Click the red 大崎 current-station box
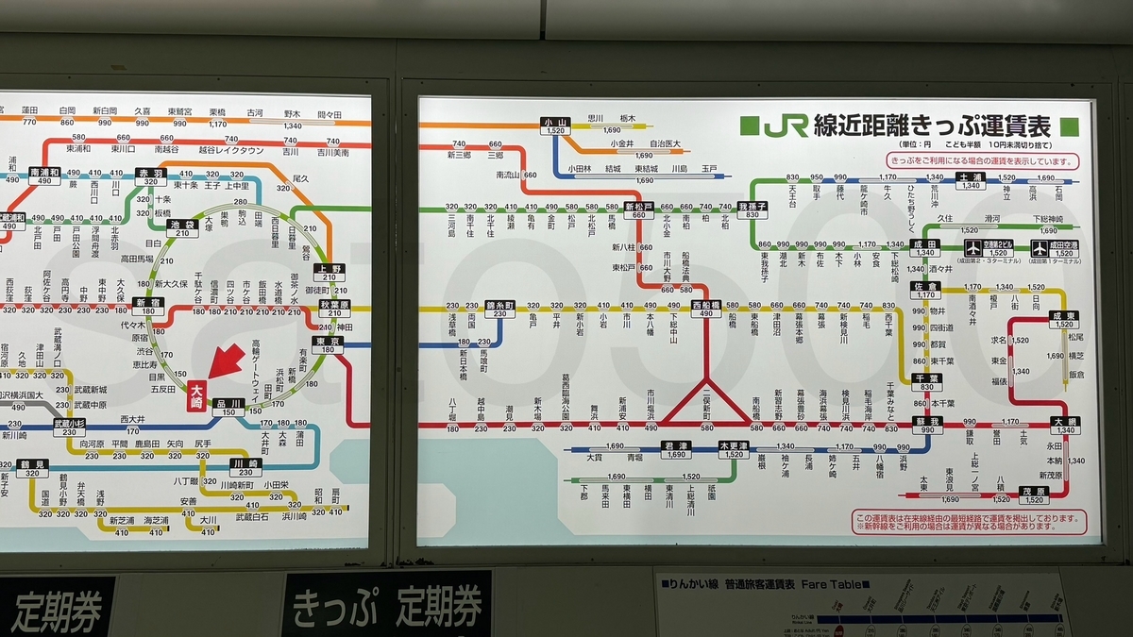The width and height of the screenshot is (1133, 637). click(x=196, y=393)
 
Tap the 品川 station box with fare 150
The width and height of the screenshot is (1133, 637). click(x=228, y=407)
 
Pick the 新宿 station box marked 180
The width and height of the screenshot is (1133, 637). click(x=147, y=308)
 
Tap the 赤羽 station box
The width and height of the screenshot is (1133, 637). click(x=151, y=177)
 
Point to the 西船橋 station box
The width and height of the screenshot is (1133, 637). click(x=705, y=310)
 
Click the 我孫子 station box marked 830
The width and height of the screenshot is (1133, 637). click(x=753, y=210)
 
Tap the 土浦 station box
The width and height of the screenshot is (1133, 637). click(x=971, y=180)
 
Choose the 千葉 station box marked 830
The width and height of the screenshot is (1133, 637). click(x=926, y=381)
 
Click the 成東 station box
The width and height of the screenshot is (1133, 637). click(x=1064, y=319)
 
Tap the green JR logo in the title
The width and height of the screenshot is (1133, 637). click(x=786, y=126)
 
